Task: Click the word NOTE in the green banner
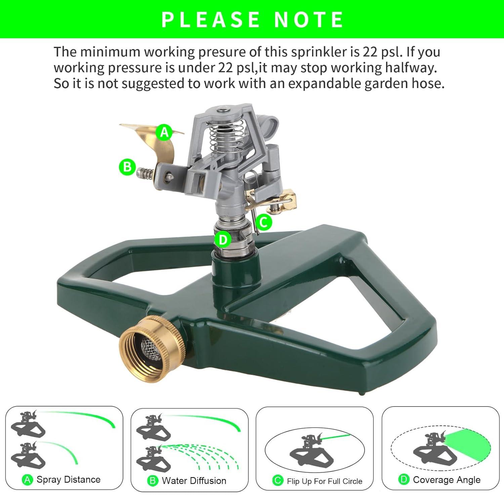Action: coord(308,19)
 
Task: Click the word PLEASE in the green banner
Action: coord(211,19)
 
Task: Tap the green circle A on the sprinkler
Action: coord(164,132)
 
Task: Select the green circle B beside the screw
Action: coord(127,167)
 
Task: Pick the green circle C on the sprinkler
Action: coord(263,222)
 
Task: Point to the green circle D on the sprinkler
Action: coord(223,240)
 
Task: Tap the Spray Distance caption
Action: coord(69,479)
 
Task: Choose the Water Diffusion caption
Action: coord(194,480)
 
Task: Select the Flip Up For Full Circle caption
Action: coord(325,481)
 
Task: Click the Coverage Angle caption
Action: coord(447,480)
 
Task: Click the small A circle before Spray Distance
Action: coord(28,480)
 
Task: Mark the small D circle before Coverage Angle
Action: coord(404,480)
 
